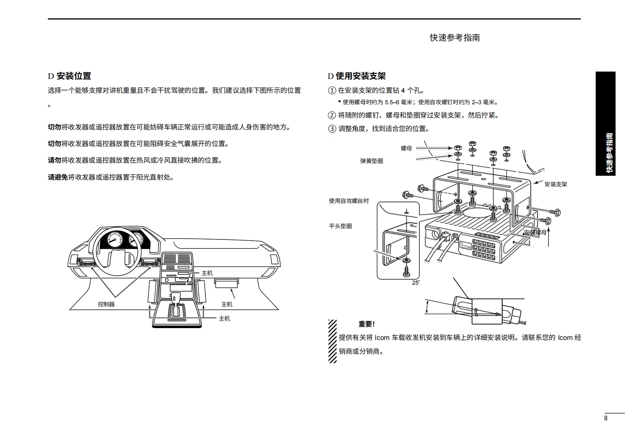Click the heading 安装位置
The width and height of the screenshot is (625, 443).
point(74,76)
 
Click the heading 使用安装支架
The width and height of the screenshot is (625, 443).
point(360,76)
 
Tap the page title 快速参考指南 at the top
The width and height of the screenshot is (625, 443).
point(455,38)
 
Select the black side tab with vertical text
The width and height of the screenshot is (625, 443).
point(606,124)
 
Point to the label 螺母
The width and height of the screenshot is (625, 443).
point(406,148)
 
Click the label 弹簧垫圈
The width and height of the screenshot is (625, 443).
point(372,161)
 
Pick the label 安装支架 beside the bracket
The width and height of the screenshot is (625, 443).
point(556,184)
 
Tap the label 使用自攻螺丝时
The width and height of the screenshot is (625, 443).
point(349,201)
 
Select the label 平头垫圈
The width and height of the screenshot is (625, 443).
point(340,226)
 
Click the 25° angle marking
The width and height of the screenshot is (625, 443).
point(416,283)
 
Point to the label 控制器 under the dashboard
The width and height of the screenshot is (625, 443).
point(106,304)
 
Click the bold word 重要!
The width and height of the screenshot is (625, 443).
point(366,324)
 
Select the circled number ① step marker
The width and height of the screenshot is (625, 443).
point(332,90)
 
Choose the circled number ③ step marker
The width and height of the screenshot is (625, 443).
point(332,129)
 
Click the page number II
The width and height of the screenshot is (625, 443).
point(606,418)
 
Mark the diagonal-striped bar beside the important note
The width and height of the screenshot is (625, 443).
point(332,341)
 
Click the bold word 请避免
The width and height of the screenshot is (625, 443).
point(58,177)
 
